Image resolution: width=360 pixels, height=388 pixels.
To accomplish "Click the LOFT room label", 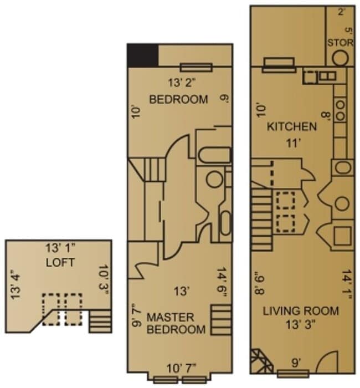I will [60, 263].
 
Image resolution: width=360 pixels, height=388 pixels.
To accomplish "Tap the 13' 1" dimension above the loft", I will [60, 248].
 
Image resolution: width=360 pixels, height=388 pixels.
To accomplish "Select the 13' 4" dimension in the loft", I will [16, 283].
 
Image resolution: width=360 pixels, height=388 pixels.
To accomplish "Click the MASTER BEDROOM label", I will [170, 323].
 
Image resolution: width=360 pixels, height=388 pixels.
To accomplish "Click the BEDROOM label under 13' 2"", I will [179, 100].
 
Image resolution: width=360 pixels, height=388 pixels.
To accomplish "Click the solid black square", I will [143, 55].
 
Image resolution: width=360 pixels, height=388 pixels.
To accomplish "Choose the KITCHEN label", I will [292, 126].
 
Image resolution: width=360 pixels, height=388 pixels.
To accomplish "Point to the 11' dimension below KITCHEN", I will [292, 142].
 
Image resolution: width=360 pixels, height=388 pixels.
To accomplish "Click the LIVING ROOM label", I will [301, 311].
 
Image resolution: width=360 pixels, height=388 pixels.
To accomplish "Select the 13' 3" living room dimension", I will [301, 325].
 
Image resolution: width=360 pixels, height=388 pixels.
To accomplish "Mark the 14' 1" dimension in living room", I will [347, 284].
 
